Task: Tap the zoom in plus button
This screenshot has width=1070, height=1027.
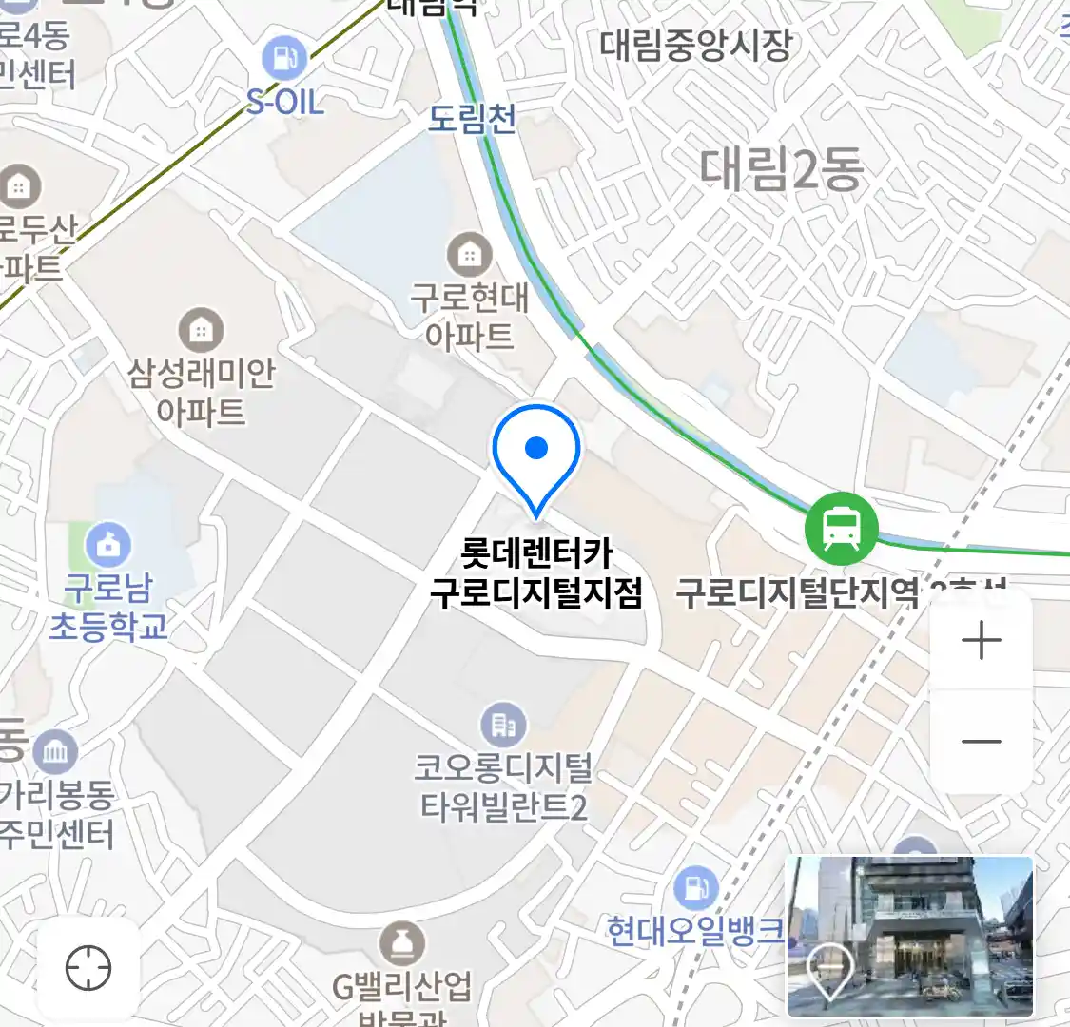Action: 981,640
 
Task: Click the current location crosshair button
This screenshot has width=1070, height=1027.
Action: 88,968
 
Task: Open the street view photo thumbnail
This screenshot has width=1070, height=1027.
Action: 909,936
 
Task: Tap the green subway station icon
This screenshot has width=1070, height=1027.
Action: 841,528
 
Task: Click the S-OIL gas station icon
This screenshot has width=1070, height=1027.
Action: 283,59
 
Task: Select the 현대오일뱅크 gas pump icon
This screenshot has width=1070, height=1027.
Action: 696,888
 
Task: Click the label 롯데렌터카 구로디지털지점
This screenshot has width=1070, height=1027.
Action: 536,572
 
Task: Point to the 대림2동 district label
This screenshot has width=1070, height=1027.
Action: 782,169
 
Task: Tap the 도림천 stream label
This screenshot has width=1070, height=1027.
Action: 472,119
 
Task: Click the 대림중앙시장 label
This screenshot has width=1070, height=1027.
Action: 695,45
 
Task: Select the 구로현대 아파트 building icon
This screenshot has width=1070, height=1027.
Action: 469,255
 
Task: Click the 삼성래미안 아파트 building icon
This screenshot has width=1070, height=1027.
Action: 201,330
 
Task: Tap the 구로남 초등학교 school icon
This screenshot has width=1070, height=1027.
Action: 108,545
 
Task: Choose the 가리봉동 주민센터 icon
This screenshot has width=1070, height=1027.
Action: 55,753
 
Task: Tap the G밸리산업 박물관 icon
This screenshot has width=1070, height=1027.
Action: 401,944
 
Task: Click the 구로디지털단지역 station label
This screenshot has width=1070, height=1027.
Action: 797,592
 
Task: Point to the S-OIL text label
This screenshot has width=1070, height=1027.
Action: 285,101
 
